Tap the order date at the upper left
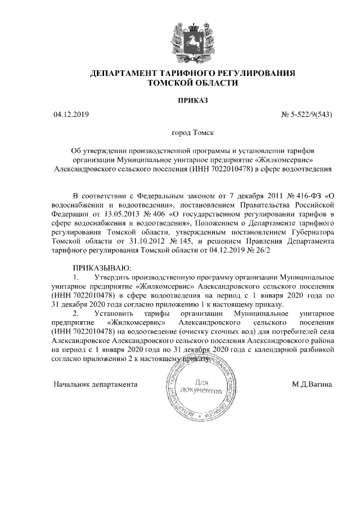pos(70,115)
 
